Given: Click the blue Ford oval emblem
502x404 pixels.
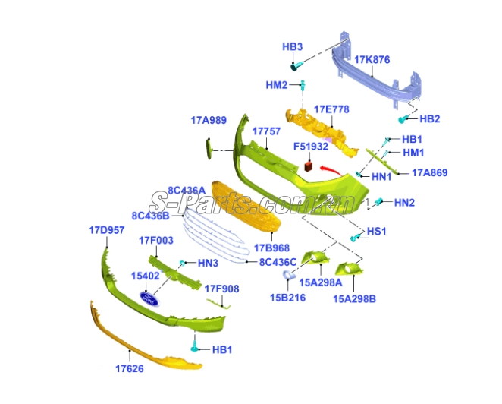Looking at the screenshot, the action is pyautogui.click(x=149, y=299).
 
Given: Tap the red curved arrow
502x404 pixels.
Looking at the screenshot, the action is pyautogui.click(x=330, y=170).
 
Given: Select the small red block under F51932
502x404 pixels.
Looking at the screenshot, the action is pyautogui.click(x=308, y=166).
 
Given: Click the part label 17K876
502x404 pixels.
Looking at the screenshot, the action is pyautogui.click(x=372, y=60).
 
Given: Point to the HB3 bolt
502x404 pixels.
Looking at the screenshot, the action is pyautogui.click(x=295, y=66).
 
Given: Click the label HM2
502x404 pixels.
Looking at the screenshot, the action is pyautogui.click(x=277, y=85).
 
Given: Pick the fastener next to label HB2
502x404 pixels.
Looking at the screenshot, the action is pyautogui.click(x=403, y=119).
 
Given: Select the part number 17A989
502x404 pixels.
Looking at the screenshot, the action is pyautogui.click(x=209, y=120).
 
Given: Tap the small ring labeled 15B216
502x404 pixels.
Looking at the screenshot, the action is pyautogui.click(x=288, y=275).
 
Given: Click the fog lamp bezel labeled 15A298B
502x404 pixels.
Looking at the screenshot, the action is pyautogui.click(x=348, y=270).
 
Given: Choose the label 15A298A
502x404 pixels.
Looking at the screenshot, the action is pyautogui.click(x=321, y=282).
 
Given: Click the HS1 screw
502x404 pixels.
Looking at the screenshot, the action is pyautogui.click(x=356, y=238).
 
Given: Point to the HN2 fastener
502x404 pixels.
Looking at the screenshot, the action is pyautogui.click(x=378, y=202).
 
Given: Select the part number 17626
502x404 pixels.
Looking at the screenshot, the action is pyautogui.click(x=130, y=369).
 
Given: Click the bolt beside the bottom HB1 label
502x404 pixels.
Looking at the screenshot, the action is pyautogui.click(x=194, y=347).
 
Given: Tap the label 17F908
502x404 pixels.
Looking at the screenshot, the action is pyautogui.click(x=221, y=289).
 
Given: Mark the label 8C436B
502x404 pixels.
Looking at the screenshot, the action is pyautogui.click(x=150, y=216).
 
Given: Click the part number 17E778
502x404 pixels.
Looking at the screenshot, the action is pyautogui.click(x=331, y=109).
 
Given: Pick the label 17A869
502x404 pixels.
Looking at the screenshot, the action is pyautogui.click(x=430, y=173).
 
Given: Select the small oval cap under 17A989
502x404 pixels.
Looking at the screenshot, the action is pyautogui.click(x=209, y=149).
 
